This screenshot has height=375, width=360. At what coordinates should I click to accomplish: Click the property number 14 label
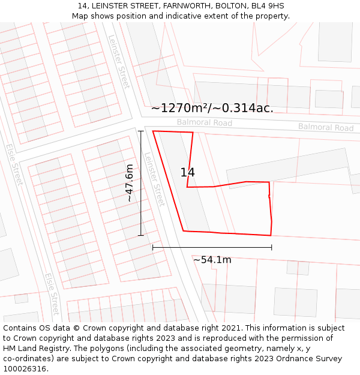188,173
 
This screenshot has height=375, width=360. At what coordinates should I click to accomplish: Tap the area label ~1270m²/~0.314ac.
212,109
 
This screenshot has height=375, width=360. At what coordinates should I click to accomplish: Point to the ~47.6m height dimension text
129,183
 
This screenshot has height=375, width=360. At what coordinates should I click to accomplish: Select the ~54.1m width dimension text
212,260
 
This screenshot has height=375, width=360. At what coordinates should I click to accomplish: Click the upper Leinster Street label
119,61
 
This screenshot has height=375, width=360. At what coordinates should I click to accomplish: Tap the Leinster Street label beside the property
154,178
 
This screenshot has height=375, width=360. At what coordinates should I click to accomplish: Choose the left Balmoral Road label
204,122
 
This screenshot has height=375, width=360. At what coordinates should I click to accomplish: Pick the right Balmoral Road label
326,127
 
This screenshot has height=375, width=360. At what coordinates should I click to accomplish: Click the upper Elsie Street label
14,164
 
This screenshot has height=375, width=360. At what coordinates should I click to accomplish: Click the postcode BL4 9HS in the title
266,6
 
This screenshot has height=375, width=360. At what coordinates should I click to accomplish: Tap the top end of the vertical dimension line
141,131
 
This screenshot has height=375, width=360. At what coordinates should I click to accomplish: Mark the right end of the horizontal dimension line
271,247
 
